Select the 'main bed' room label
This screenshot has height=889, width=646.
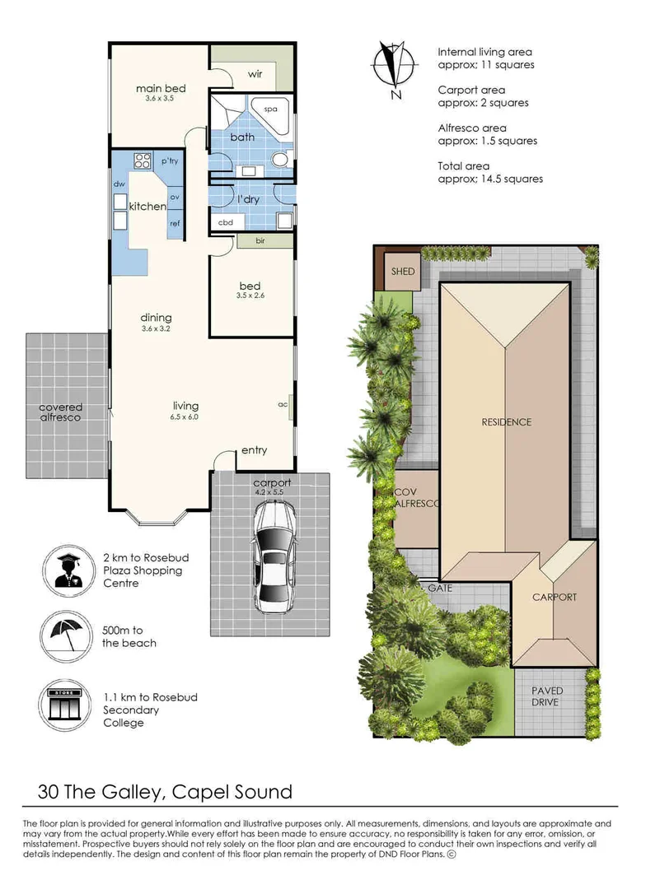click(161, 89)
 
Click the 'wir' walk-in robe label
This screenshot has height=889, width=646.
click(255, 75)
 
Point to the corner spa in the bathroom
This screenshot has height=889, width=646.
click(271, 109)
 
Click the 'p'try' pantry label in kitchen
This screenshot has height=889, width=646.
click(170, 161)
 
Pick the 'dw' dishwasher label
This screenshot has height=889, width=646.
click(119, 184)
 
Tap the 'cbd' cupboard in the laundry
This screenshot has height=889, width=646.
click(226, 222)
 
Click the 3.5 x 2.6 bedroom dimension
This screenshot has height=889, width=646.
click(249, 296)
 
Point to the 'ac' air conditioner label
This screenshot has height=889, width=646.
click(283, 404)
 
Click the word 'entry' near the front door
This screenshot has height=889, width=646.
click(254, 450)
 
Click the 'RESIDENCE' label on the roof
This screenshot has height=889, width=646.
click(506, 422)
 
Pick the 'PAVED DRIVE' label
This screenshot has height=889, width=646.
click(545, 696)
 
